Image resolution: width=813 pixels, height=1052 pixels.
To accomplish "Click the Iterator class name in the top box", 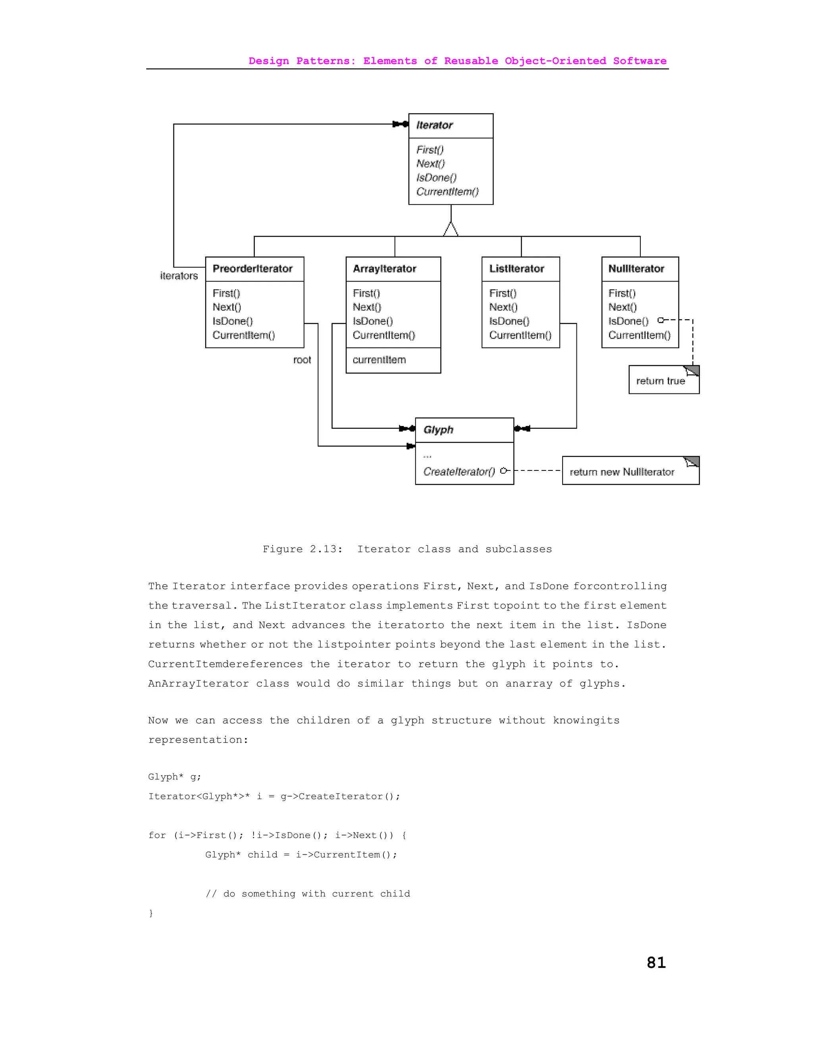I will click(434, 125).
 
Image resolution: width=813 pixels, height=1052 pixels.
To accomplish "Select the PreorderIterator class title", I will click(252, 269).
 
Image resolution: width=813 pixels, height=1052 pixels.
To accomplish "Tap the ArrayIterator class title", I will click(384, 269).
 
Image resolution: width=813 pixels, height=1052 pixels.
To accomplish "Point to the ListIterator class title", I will click(516, 269).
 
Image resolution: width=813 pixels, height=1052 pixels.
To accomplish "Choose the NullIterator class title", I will click(636, 269).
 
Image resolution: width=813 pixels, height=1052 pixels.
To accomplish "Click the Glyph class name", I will click(438, 430).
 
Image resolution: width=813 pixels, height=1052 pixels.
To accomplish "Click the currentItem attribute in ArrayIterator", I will click(379, 360).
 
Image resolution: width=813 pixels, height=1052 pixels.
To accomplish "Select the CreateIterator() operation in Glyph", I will click(459, 472).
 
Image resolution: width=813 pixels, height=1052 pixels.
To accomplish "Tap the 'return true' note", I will click(660, 381).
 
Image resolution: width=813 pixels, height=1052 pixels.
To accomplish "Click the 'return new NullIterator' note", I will click(622, 472).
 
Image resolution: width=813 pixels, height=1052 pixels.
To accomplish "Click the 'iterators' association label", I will click(179, 276).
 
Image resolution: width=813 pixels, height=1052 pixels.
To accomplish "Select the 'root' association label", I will click(302, 360).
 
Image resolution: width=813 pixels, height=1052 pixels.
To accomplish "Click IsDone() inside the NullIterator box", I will click(628, 321).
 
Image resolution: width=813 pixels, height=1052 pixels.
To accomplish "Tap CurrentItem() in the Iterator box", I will click(447, 192).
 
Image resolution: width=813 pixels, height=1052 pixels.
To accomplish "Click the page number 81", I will click(656, 962).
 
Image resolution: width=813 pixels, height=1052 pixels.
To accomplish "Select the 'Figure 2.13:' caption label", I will click(302, 549).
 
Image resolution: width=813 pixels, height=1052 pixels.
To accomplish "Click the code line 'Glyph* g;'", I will click(174, 777).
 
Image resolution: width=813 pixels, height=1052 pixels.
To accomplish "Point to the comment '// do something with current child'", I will click(308, 894).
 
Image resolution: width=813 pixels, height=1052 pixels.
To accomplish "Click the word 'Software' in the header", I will click(640, 61).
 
